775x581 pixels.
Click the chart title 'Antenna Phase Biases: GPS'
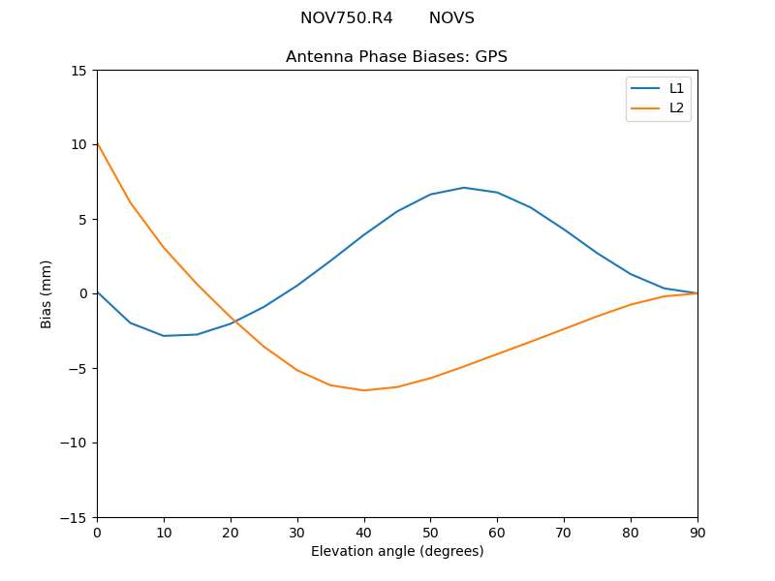coord(396,57)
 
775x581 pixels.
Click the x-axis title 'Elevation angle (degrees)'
coord(397,552)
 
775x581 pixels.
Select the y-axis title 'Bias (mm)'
coord(46,293)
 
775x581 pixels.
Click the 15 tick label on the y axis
coord(78,71)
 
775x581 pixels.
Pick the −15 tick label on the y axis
coord(74,517)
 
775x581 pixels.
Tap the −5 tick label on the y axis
coord(77,368)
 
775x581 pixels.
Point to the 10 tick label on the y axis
coord(78,145)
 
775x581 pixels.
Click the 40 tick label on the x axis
coord(363,532)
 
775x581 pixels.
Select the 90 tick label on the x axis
coord(697,532)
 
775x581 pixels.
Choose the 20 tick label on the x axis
coord(231,532)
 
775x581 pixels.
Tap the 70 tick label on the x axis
coord(564,532)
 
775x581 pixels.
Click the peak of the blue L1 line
coord(464,188)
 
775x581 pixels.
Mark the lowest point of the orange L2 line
coord(363,390)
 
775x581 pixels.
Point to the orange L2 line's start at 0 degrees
coord(98,145)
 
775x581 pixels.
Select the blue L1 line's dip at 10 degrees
coord(164,336)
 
